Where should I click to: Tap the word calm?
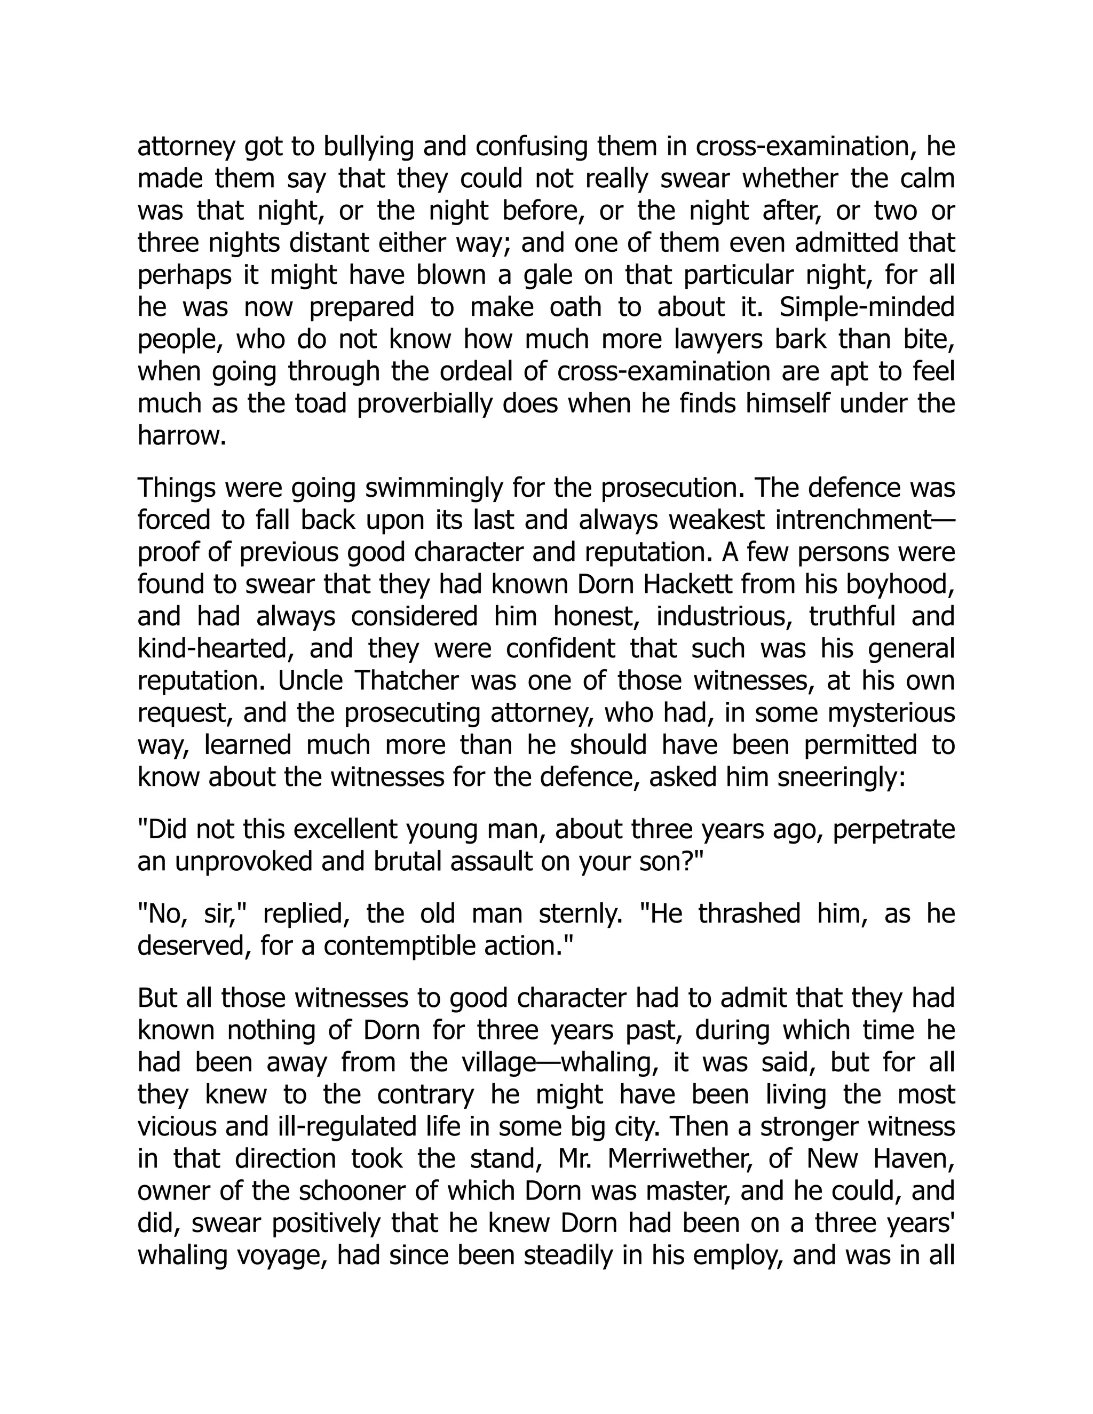[926, 179]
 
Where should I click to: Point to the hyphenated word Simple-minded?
[866, 307]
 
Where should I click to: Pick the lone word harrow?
[181, 436]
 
